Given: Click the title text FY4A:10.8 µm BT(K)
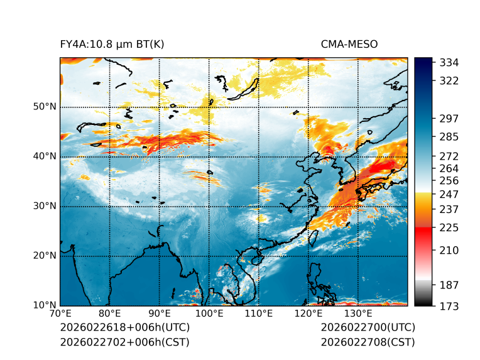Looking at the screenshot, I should (112, 44).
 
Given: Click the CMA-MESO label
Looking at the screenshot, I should (349, 44).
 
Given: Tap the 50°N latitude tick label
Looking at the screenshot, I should (45, 107).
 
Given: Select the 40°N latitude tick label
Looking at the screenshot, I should (45, 156).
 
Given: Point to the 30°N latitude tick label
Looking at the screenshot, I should (45, 206).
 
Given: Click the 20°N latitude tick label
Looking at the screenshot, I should (45, 256).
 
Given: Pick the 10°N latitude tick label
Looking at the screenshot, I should (45, 305).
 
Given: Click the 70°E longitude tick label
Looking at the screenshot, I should (60, 314).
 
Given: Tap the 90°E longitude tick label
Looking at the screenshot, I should (160, 314).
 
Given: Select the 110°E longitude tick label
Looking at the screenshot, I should (259, 314).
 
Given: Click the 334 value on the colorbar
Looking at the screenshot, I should (449, 63).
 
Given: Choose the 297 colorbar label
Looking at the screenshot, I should (449, 119).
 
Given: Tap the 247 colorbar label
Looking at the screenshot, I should (449, 194).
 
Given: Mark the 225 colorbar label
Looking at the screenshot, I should (449, 227).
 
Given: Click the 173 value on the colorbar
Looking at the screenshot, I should (449, 306).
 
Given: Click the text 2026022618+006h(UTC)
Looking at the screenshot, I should (124, 327).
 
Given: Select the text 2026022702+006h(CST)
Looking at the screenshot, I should (124, 342).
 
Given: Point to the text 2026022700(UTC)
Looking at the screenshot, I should (368, 327).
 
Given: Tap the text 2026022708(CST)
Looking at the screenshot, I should (368, 342).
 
